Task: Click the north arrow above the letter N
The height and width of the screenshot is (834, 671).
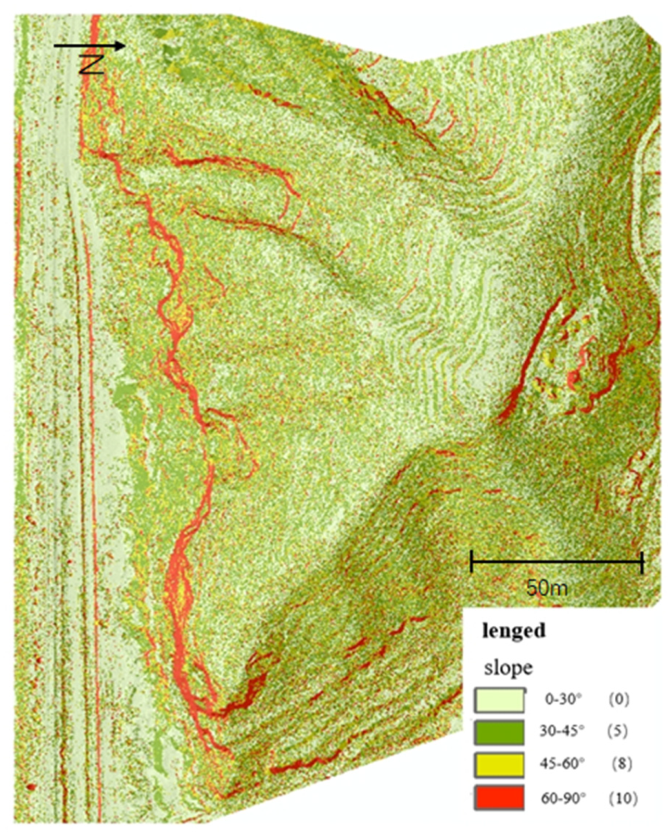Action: [x=90, y=46]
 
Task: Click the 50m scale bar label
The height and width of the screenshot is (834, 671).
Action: [x=546, y=588]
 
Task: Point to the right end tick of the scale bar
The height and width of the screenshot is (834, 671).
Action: [x=642, y=562]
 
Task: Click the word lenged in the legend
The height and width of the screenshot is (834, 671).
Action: [x=513, y=630]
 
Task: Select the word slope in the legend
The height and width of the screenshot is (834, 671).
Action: [x=508, y=667]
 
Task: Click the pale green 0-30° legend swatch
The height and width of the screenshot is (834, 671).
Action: [x=499, y=700]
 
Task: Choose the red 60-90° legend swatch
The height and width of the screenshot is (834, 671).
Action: [x=499, y=797]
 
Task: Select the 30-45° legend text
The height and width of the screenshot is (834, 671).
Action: [x=562, y=731]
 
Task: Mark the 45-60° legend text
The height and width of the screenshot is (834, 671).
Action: [x=563, y=764]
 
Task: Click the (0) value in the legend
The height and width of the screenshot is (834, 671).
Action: [x=618, y=700]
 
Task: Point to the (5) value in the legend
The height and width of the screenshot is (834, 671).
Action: [x=617, y=731]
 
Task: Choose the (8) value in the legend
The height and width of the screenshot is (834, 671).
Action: [x=621, y=764]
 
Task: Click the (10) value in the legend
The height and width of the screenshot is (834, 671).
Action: [x=623, y=798]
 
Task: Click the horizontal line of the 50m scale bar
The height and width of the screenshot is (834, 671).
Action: [x=557, y=562]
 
